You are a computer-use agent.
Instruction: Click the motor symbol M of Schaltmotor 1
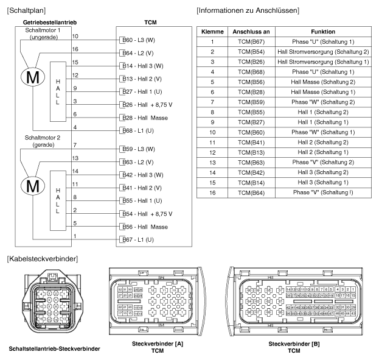click(30, 78)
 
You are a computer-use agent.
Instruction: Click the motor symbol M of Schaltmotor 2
click(30, 184)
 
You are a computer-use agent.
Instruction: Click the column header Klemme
click(213, 31)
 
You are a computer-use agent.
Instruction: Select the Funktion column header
click(322, 31)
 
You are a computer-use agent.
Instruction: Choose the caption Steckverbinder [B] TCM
click(293, 347)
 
